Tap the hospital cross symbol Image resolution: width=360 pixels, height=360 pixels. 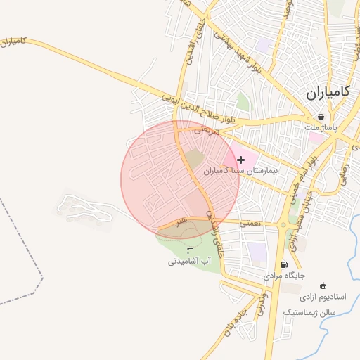pos(241,160)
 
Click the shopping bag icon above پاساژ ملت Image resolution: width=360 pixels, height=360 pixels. pos(321,117)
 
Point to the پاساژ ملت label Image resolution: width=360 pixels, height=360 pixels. pos(321,128)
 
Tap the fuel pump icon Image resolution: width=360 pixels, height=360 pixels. pos(284,265)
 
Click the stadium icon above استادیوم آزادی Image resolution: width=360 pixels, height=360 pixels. pos(323,285)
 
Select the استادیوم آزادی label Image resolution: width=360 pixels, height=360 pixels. pos(323,298)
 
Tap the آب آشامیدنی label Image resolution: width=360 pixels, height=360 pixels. pos(190,261)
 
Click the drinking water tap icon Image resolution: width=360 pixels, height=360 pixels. pos(189,250)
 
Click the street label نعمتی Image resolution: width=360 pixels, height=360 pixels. pos(250,222)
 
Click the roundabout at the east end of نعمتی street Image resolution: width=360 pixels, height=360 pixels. pos(283,226)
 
